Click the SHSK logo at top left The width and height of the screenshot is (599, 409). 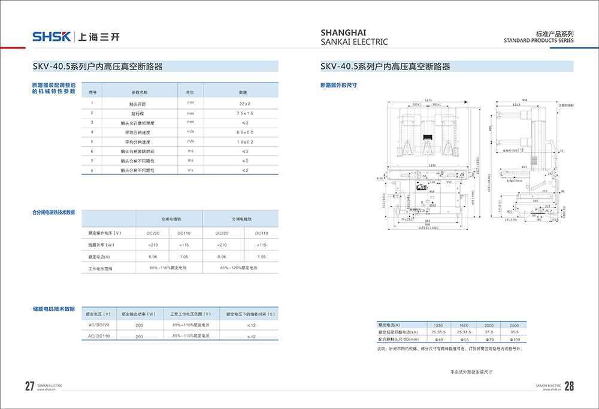52,37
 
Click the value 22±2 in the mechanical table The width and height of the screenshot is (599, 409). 243,103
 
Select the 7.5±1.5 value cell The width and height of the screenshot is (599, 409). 244,113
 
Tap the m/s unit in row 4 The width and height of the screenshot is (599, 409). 190,132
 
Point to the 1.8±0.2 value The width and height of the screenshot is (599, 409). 244,141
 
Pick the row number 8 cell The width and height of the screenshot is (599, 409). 92,171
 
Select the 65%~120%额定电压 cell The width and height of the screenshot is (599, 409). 241,268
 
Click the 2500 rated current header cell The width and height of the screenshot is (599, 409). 514,324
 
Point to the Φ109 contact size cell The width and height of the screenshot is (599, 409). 514,339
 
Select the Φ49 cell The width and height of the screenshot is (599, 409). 438,339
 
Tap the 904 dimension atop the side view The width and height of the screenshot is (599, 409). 525,99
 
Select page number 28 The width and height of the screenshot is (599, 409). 569,386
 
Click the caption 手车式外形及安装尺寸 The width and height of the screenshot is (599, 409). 471,372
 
